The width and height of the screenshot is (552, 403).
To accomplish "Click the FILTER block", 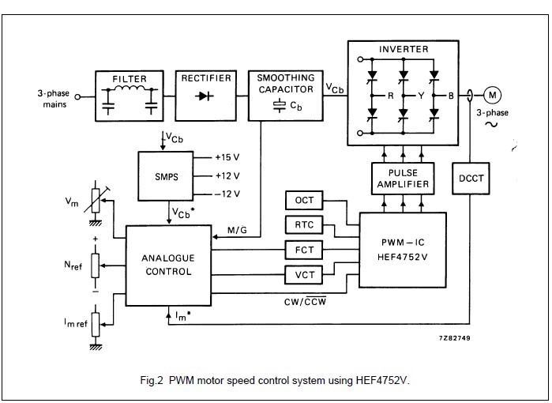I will click(x=130, y=96).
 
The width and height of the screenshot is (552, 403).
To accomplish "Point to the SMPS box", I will click(x=164, y=175).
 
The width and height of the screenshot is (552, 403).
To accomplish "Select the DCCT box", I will click(x=471, y=179).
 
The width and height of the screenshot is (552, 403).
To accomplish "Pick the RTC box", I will click(x=304, y=225).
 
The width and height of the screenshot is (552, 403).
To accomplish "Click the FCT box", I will click(x=304, y=250).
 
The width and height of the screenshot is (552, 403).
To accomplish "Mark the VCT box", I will click(x=304, y=274).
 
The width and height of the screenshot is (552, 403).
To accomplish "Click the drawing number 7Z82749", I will click(x=456, y=337).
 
